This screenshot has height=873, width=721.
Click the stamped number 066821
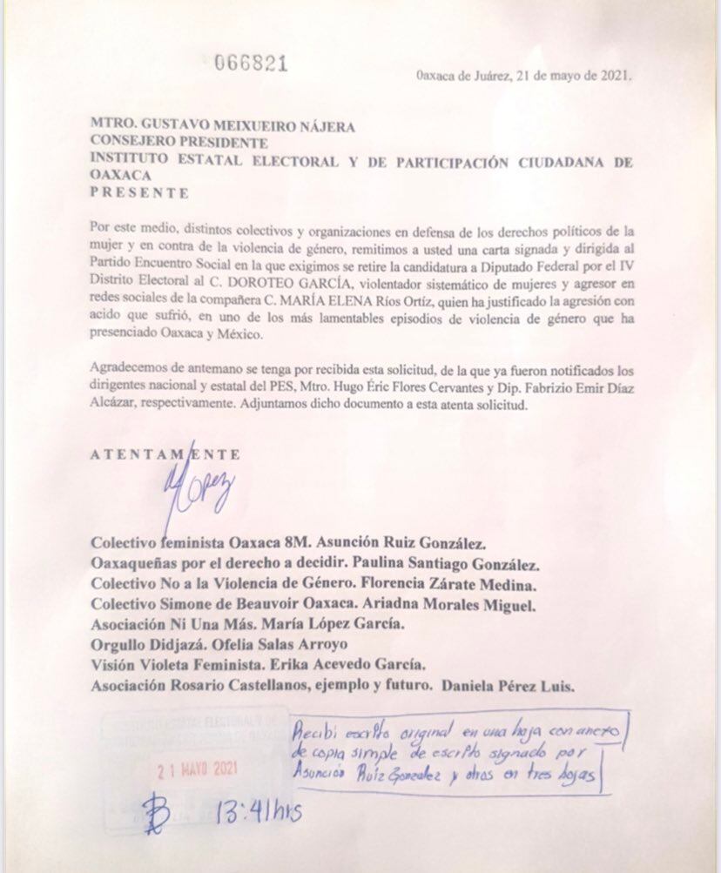click(251, 63)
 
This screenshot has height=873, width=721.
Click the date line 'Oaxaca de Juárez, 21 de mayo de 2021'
click(525, 75)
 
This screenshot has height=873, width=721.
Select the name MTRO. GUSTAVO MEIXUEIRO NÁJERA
click(223, 126)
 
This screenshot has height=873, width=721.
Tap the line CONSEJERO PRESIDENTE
click(179, 143)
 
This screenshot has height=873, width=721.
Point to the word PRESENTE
click(139, 192)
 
